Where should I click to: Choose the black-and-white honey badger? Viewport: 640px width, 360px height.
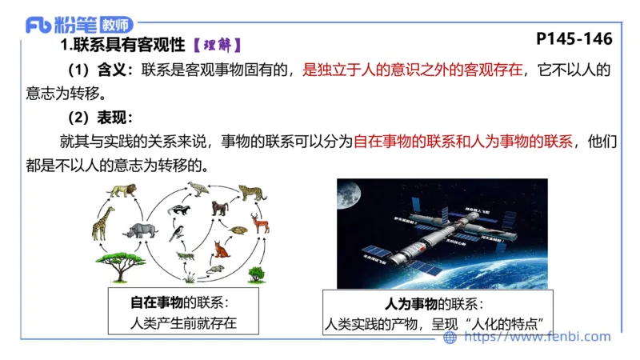click(x=179, y=210)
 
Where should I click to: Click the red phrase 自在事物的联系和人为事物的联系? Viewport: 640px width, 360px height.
click(x=463, y=143)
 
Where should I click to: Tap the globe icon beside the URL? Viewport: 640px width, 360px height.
click(x=450, y=338)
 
